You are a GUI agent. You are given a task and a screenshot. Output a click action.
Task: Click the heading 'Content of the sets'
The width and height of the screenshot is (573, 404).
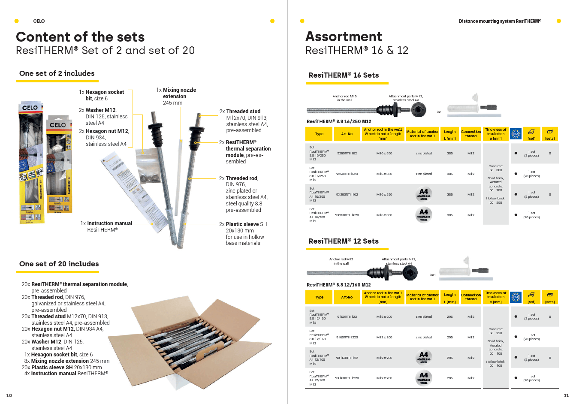[80, 37]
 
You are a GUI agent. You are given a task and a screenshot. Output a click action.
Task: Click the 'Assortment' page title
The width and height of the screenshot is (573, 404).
[344, 36]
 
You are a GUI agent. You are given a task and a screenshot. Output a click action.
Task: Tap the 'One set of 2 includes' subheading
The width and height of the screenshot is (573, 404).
[57, 73]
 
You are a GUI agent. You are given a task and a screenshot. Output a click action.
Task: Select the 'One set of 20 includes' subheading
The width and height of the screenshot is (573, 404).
[59, 264]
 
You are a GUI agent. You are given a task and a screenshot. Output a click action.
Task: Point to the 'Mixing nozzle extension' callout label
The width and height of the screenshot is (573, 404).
[176, 96]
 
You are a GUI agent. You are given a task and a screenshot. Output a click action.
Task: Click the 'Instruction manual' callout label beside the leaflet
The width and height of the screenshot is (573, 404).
[106, 223]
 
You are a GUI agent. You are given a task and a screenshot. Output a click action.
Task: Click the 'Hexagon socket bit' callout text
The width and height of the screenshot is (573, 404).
[104, 95]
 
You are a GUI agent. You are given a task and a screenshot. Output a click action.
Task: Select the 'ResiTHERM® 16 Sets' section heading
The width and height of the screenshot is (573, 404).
[344, 75]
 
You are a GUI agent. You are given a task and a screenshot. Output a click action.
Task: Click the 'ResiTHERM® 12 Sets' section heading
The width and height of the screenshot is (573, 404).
[344, 241]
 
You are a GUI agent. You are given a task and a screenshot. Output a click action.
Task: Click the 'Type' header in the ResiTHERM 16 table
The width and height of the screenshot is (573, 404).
[319, 134]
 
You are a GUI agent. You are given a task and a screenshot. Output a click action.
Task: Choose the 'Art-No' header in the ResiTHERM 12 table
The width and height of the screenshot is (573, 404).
[347, 297]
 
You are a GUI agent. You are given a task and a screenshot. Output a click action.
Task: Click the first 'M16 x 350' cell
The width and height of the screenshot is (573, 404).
[384, 153]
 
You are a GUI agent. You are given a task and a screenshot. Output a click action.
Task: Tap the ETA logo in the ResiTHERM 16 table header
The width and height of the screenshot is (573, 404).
[516, 134]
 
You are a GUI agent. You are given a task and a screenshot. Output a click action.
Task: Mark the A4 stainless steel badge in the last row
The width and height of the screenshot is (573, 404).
[423, 378]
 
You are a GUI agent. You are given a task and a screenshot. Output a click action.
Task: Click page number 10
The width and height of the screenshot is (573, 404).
[9, 395]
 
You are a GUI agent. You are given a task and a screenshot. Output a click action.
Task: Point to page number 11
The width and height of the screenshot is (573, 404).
[566, 395]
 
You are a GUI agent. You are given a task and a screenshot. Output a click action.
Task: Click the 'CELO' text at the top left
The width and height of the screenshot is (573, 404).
[39, 21]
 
